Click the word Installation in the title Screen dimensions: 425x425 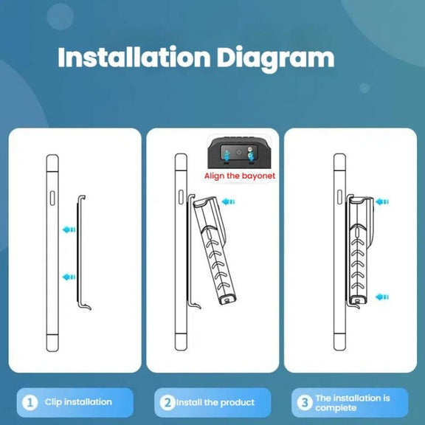(x=134, y=58)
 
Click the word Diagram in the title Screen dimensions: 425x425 (x=276, y=59)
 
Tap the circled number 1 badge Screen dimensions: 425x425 (x=30, y=403)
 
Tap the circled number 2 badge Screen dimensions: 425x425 (x=167, y=403)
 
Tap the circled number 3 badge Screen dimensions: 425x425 (x=305, y=403)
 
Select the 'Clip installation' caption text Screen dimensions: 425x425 (x=78, y=402)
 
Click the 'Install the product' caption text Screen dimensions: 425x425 (x=215, y=403)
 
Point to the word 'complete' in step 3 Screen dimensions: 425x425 (x=336, y=408)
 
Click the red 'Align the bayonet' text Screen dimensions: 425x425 (x=240, y=176)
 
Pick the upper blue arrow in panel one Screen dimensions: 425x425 (x=69, y=230)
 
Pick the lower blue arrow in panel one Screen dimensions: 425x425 (x=69, y=277)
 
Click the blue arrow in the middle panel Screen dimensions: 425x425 (x=228, y=201)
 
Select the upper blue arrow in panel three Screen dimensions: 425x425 (x=382, y=201)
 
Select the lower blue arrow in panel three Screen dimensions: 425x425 (x=382, y=297)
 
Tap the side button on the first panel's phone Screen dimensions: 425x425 (x=52, y=198)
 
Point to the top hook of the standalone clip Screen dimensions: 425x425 (x=82, y=198)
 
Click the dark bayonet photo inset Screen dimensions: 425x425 (x=239, y=152)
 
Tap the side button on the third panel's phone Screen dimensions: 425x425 (x=339, y=197)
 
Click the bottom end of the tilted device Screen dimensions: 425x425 (x=227, y=300)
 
